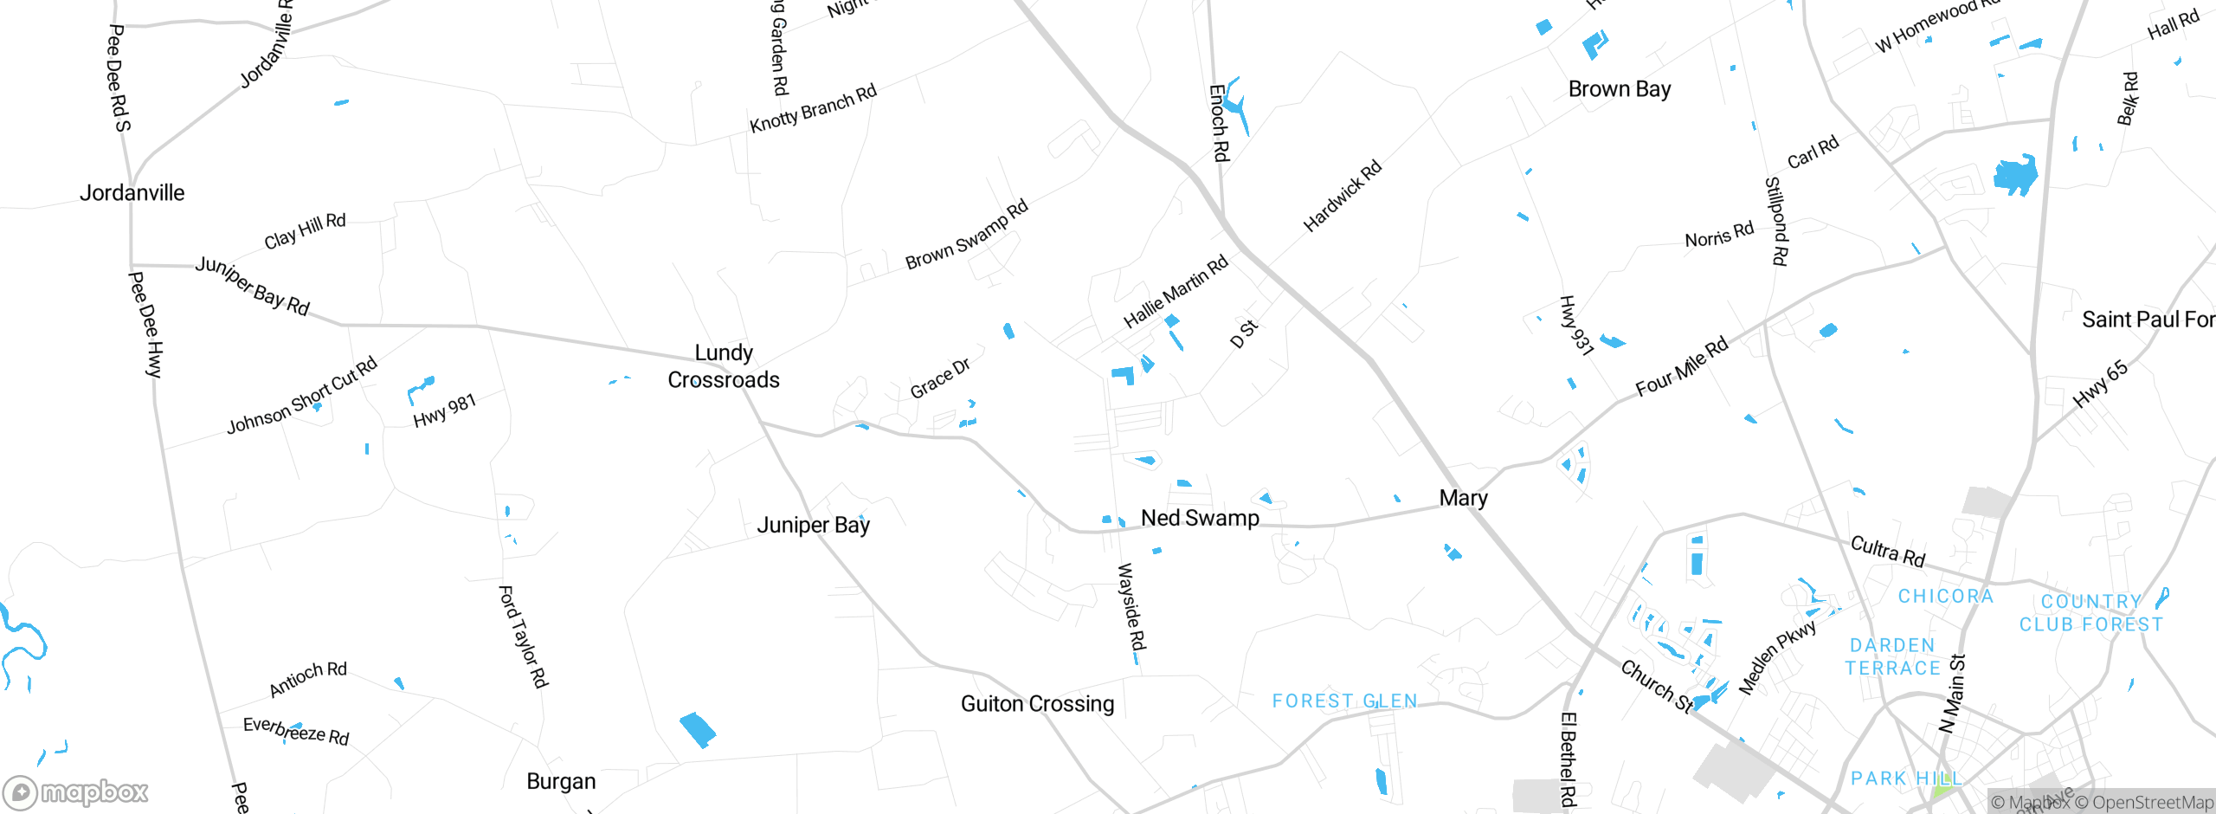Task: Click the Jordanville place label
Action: point(132,192)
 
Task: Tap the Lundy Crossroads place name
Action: point(724,366)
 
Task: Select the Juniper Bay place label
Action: point(813,525)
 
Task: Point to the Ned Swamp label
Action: point(1200,518)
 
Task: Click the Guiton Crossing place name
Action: point(1037,703)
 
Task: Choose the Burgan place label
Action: point(561,781)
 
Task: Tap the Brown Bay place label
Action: point(1619,89)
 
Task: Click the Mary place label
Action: point(1463,498)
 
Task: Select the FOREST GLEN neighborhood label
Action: point(1344,701)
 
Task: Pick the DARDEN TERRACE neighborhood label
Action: point(1893,656)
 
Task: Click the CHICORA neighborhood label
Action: point(1945,596)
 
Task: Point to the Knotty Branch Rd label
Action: point(813,108)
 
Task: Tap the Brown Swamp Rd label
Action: point(966,235)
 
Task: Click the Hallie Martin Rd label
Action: point(1176,291)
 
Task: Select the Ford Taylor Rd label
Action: point(523,636)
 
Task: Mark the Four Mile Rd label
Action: point(1681,366)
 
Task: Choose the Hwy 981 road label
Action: point(444,410)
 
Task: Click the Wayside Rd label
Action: point(1131,607)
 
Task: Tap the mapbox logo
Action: point(76,791)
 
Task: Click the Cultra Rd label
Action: point(1887,552)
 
